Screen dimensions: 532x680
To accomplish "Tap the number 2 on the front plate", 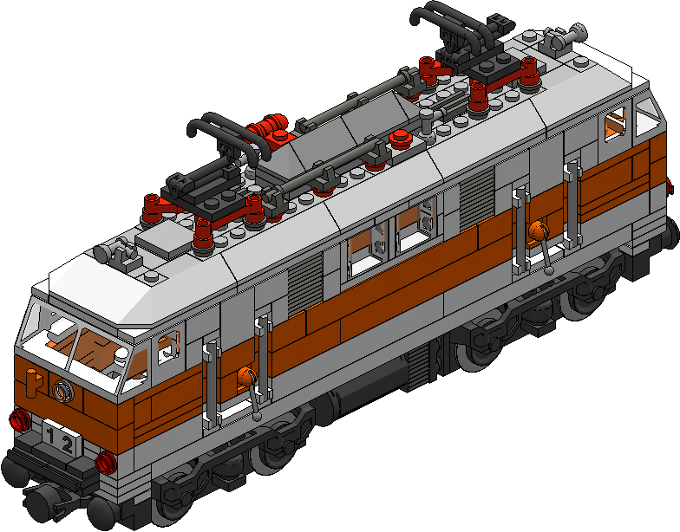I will [68, 444].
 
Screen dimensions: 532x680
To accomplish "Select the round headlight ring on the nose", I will [61, 390].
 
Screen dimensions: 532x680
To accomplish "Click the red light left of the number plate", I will [16, 422].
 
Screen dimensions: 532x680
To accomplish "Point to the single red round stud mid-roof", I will [400, 137].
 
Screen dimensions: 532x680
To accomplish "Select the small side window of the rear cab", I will [617, 127].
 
